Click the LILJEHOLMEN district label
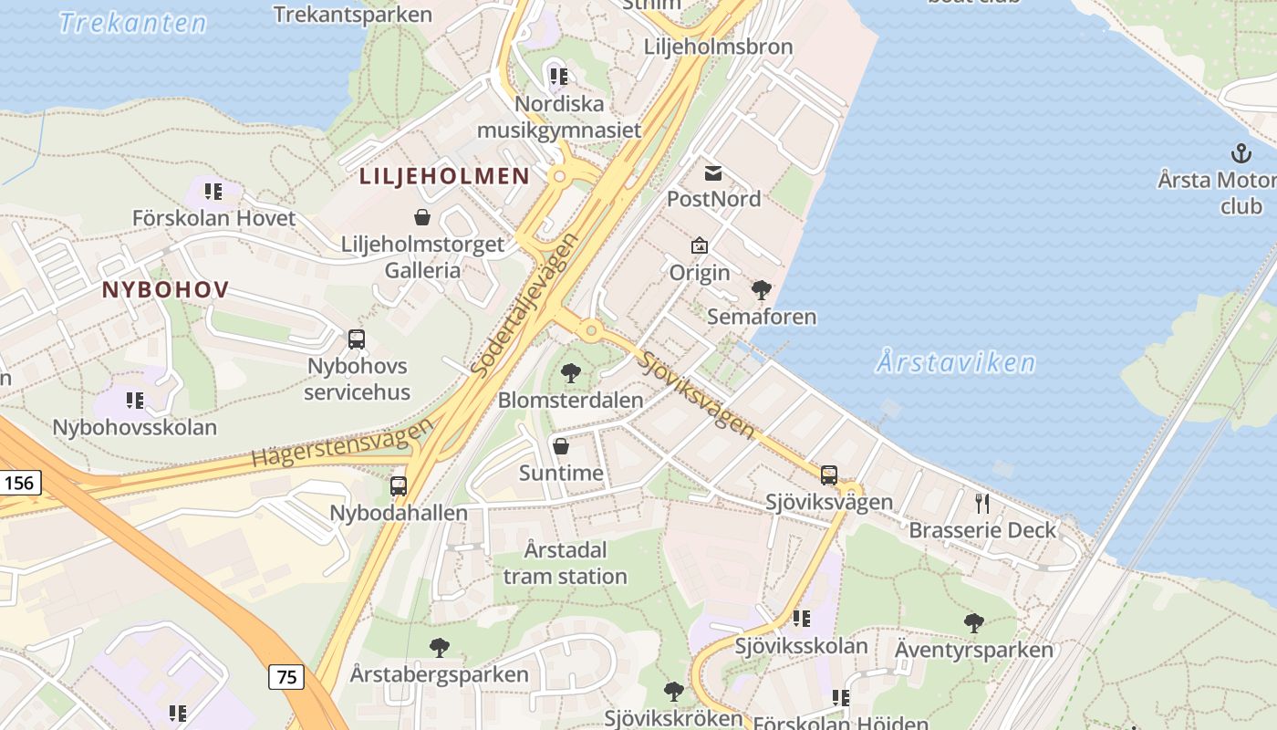click(x=444, y=176)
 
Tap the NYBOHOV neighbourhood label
click(x=165, y=289)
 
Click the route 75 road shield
click(x=286, y=676)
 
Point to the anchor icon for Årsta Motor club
click(x=1241, y=152)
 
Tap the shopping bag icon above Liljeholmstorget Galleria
click(x=422, y=217)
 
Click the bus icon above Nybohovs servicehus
click(x=357, y=339)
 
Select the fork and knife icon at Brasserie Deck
click(x=982, y=503)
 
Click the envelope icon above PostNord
click(x=713, y=172)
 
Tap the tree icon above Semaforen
click(x=761, y=290)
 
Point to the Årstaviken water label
click(x=956, y=362)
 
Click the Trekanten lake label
click(x=133, y=23)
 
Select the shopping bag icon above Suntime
click(x=561, y=446)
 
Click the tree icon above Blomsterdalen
click(x=571, y=372)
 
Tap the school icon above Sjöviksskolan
click(x=802, y=619)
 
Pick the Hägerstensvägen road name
click(x=342, y=444)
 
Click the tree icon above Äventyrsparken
click(x=973, y=623)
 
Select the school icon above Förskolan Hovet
click(x=213, y=192)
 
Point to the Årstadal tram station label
click(x=566, y=563)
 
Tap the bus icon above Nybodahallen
click(x=399, y=485)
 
